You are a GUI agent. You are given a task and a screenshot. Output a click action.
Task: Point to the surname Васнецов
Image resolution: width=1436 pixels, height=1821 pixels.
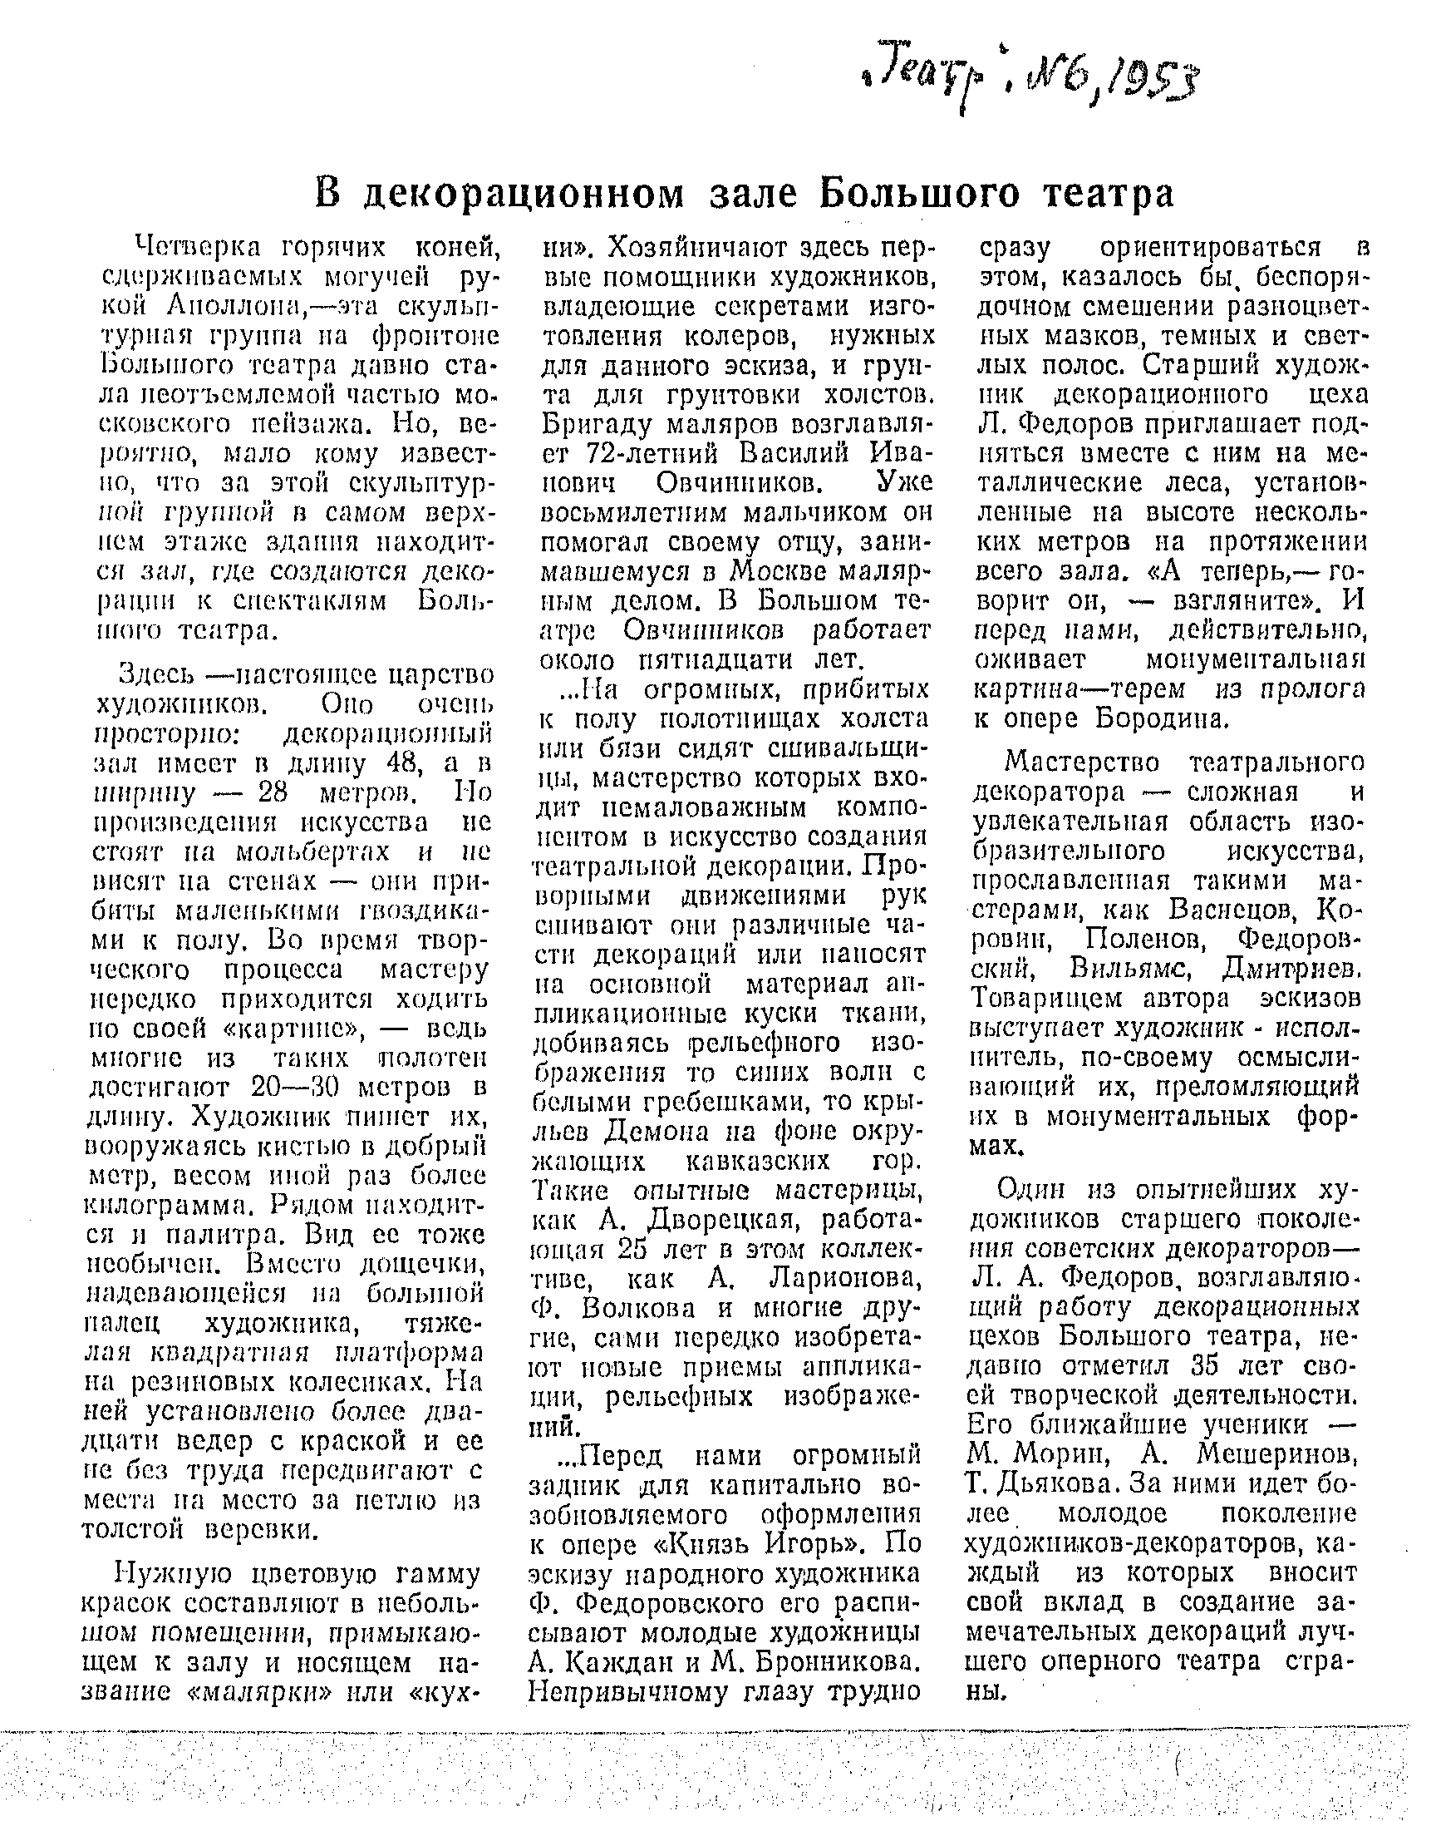click(x=1232, y=910)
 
